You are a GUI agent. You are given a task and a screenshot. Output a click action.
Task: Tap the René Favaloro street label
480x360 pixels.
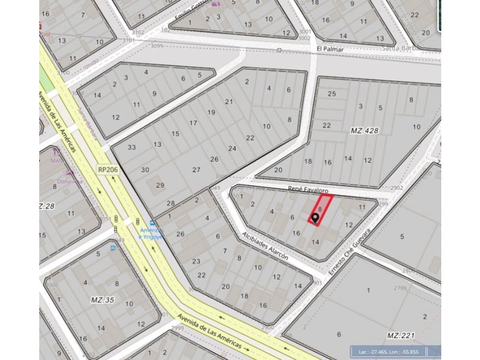coord(308,189)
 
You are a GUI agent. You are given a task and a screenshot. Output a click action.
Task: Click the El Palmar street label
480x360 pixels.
coord(330,49)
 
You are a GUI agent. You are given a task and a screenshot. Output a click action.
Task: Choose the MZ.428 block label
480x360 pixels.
coord(364,131)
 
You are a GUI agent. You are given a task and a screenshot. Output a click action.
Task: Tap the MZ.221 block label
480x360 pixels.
coord(401,335)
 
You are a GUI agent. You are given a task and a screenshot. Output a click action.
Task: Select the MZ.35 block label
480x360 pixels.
coord(103,300)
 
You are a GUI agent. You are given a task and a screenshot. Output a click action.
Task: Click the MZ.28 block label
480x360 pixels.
coord(47,206)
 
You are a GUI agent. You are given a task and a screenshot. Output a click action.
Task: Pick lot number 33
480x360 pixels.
coord(132,147)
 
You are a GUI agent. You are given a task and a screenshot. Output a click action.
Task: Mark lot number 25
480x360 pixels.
coord(332,94)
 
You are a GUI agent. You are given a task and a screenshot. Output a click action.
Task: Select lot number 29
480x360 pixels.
coord(160,185)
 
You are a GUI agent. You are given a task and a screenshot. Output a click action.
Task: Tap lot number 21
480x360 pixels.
coord(229,102)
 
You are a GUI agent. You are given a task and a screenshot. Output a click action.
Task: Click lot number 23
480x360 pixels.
coord(196,261)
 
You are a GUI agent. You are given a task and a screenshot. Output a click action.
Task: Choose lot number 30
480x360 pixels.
coord(145,170)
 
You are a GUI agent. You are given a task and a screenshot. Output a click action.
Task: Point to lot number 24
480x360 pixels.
coord(232,149)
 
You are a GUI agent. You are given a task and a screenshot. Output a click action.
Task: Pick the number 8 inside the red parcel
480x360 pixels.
coord(320,209)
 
